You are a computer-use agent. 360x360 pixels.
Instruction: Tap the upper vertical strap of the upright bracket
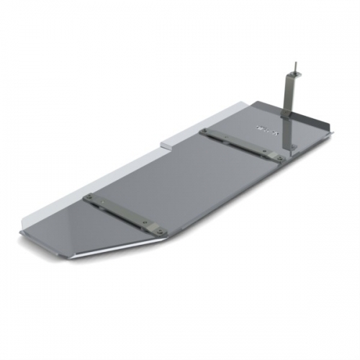click(292, 94)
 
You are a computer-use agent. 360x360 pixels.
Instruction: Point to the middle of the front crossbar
click(122, 214)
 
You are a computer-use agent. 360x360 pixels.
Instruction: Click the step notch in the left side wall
click(167, 142)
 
